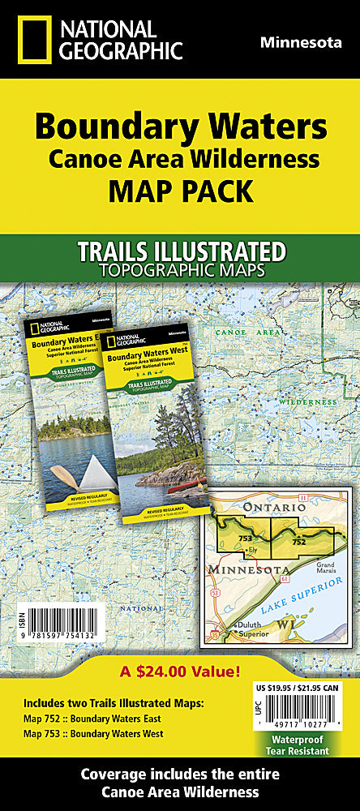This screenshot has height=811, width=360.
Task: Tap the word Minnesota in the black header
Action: (x=301, y=42)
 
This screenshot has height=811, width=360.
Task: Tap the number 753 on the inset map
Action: (x=245, y=539)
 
